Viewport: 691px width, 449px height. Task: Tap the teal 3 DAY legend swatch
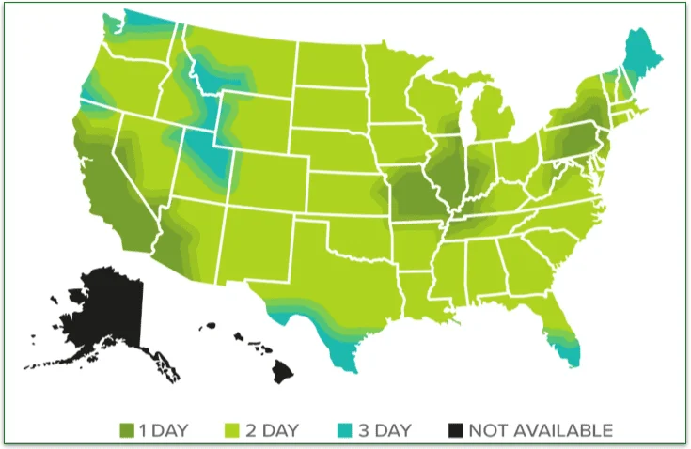(x=344, y=431)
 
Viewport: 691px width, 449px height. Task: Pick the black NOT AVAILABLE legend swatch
(x=455, y=431)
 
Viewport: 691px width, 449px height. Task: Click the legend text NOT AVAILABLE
(x=542, y=431)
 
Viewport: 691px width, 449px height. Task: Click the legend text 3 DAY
(x=383, y=431)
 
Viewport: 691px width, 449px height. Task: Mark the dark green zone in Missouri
(x=412, y=196)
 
